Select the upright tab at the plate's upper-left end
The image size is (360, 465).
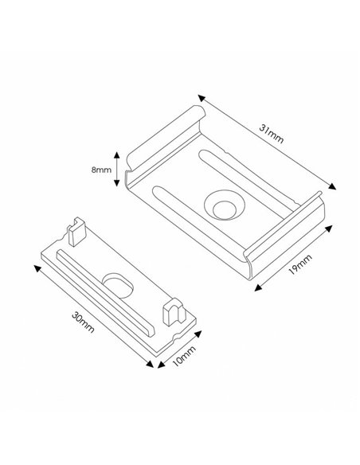[75, 231]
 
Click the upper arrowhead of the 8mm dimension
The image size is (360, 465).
[119, 154]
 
